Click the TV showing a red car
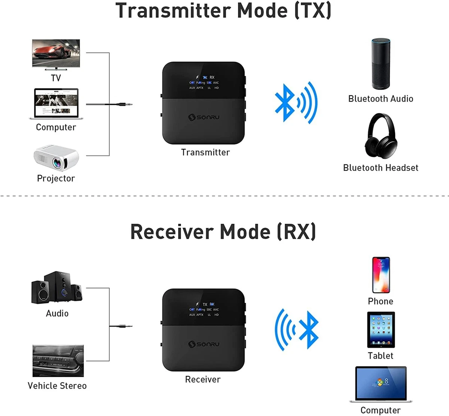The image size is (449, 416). (x=56, y=54)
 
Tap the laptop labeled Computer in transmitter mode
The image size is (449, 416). (x=56, y=103)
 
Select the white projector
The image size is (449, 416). (x=56, y=157)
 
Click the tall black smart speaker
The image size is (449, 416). (x=381, y=64)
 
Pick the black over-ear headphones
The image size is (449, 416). (x=380, y=136)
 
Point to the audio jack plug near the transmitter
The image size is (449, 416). (x=123, y=104)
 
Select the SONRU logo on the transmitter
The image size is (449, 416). (x=204, y=117)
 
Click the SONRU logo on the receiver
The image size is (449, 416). (x=204, y=344)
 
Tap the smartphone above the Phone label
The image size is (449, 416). (x=381, y=275)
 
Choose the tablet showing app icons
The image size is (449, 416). (x=381, y=330)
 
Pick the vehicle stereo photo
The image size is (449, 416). (x=58, y=361)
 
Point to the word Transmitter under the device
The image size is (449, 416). (x=205, y=152)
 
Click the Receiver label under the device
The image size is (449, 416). (x=203, y=379)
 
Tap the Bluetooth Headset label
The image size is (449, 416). (x=381, y=168)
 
